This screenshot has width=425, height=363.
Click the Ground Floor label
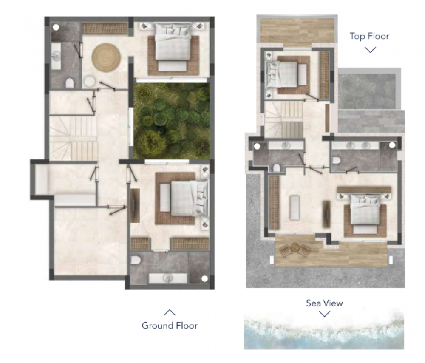[170, 326]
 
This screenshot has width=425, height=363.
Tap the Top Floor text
[369, 36]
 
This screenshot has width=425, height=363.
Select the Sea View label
[324, 303]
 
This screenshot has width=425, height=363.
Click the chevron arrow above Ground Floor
[170, 313]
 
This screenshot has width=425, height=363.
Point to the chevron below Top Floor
[370, 49]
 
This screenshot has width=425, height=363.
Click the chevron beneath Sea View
[325, 314]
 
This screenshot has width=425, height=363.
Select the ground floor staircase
[74, 138]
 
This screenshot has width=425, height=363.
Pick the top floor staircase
[284, 119]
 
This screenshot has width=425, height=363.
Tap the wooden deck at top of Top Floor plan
[296, 30]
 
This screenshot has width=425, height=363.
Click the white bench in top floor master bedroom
[295, 207]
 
